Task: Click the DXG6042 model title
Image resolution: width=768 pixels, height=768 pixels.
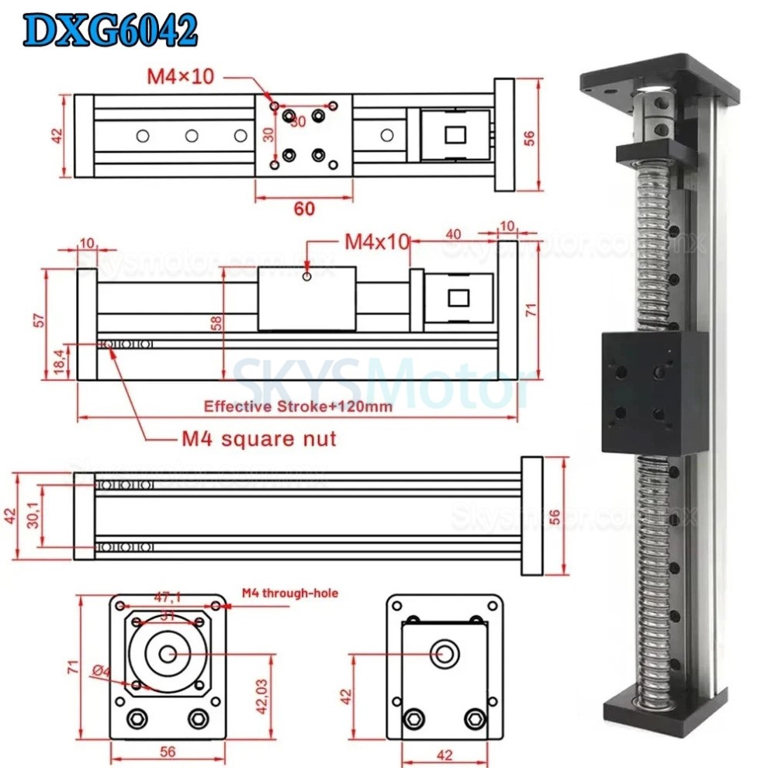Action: (109, 31)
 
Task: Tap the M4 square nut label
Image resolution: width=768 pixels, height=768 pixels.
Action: (259, 439)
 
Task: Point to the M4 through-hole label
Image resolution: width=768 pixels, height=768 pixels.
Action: (289, 593)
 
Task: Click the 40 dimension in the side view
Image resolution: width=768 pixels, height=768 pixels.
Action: (455, 234)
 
